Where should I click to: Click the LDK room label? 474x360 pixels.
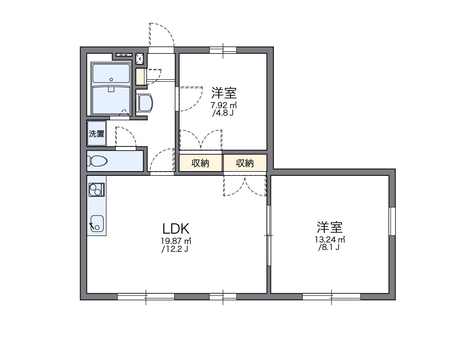(x=176, y=228)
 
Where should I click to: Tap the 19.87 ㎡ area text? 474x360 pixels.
(x=176, y=241)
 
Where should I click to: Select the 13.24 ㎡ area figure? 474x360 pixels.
(x=329, y=240)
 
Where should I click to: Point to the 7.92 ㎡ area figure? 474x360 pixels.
(x=224, y=105)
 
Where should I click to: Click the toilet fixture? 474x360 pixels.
(x=98, y=161)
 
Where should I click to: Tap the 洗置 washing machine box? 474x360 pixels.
(x=97, y=134)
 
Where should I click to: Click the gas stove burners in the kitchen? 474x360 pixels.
(x=97, y=190)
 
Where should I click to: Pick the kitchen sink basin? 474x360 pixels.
(x=97, y=223)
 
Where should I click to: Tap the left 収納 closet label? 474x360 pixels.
(x=201, y=163)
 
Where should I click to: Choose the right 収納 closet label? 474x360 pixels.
(x=244, y=163)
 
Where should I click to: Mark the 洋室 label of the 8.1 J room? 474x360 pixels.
(x=330, y=227)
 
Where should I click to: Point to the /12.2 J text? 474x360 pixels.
(x=175, y=249)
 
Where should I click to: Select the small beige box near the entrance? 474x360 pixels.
(x=140, y=77)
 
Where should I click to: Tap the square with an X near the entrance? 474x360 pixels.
(x=139, y=58)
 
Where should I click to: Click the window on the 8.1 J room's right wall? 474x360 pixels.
(x=392, y=221)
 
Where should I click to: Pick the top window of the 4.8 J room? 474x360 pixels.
(x=223, y=50)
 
